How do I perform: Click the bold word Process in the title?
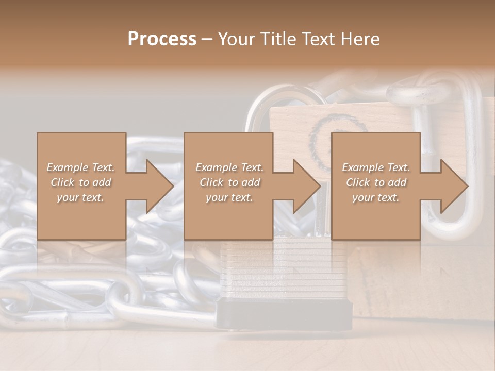click(162, 39)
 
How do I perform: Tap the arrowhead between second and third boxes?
click(306, 186)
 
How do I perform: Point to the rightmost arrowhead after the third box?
click(454, 186)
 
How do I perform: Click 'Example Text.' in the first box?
click(81, 167)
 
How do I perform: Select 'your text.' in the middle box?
click(229, 197)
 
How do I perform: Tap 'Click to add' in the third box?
click(376, 182)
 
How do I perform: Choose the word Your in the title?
click(237, 39)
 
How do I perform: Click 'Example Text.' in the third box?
click(376, 167)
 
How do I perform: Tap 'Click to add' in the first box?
click(81, 182)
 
